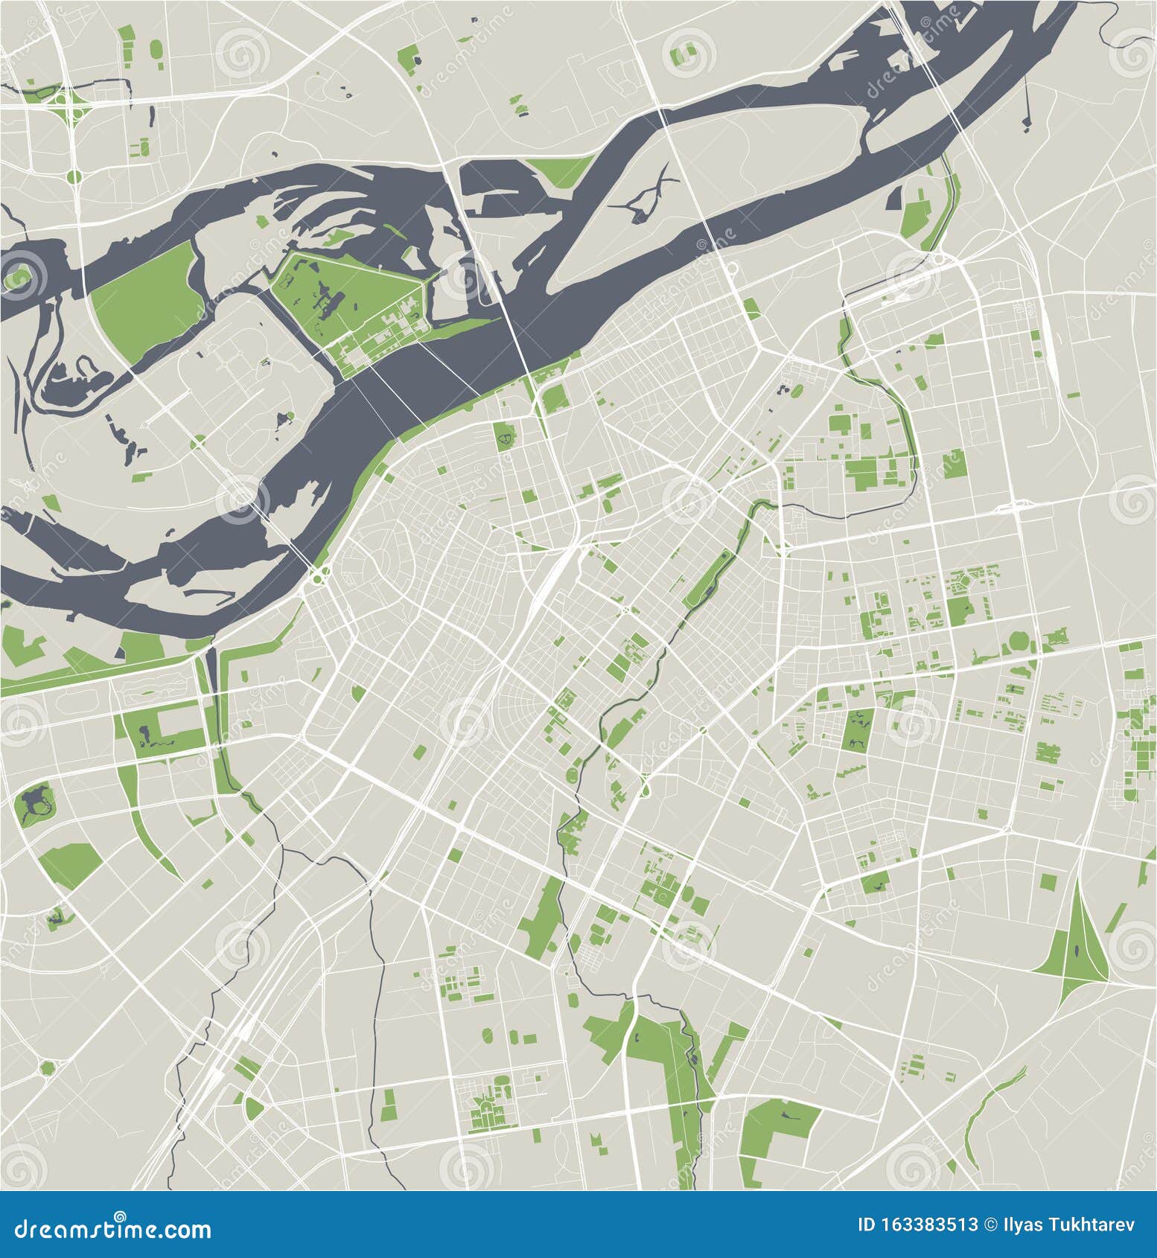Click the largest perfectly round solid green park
[x=1019, y=641]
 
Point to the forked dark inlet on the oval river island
[x=646, y=195]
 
